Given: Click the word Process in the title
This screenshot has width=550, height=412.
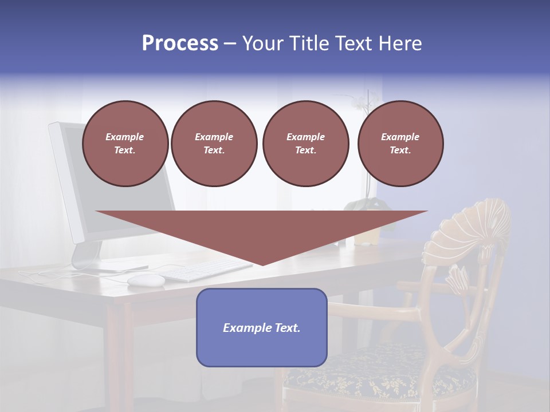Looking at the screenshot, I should click(180, 43).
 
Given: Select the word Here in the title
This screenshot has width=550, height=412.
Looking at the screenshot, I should click(401, 43).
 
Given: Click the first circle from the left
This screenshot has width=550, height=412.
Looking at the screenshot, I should click(125, 144).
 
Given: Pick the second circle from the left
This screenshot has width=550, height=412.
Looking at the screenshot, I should click(214, 144).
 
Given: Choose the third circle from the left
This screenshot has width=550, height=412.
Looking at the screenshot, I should click(305, 144).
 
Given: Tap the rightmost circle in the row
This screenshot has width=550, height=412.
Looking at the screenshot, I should click(400, 144).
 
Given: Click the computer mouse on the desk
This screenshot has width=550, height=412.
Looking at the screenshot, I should click(146, 280).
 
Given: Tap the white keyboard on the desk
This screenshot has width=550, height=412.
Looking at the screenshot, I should click(209, 270).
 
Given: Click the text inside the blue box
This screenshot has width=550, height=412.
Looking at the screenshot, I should click(262, 328).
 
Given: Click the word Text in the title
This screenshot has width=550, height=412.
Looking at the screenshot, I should click(355, 43).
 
